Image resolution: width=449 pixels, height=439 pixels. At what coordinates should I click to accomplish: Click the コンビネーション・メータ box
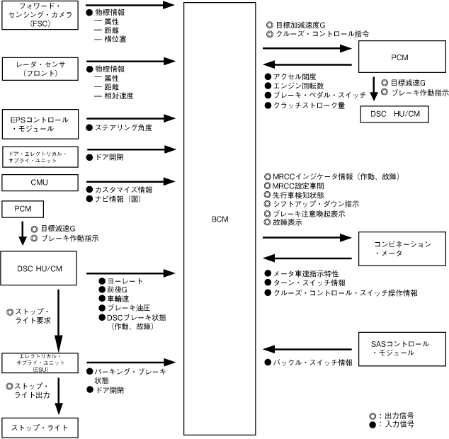point(402,249)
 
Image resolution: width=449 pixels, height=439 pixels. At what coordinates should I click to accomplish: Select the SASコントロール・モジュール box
point(402,348)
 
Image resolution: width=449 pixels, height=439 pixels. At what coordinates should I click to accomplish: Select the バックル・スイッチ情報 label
point(313,362)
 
